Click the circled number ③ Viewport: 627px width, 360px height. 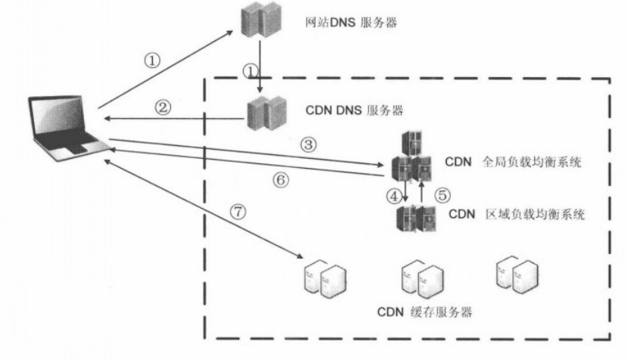pyautogui.click(x=309, y=143)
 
